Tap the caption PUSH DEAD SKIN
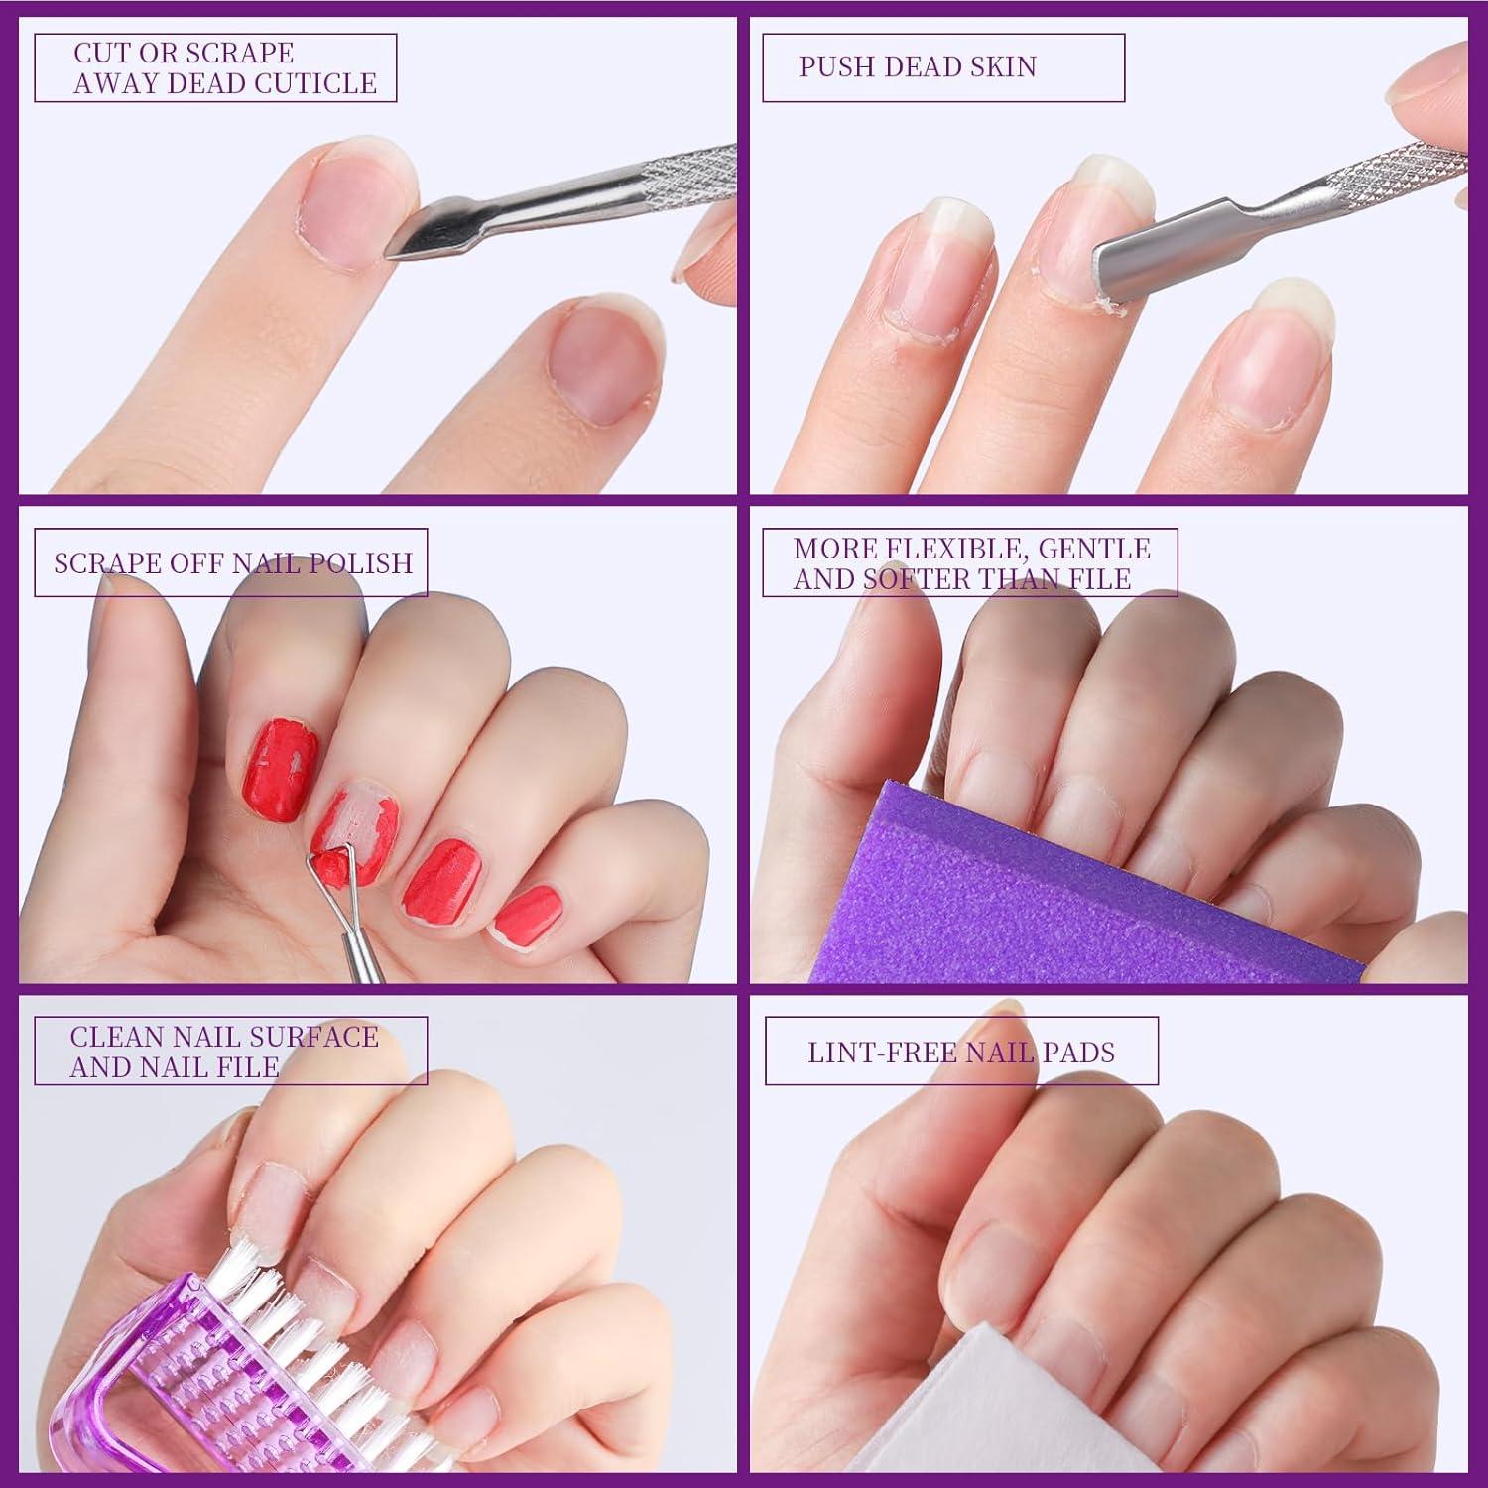tap(917, 67)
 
